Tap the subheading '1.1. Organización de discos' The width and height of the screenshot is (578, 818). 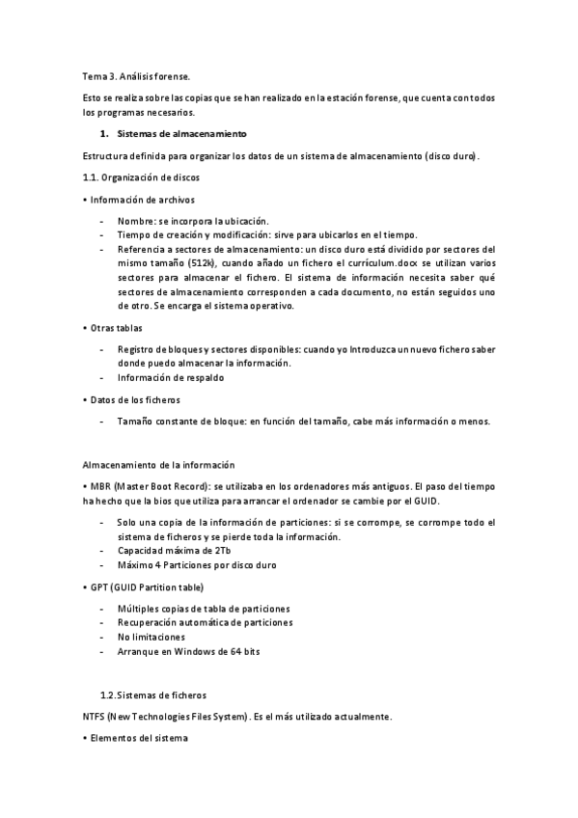click(142, 177)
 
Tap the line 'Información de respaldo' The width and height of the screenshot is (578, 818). click(171, 377)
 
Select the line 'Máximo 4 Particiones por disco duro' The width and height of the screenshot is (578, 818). click(197, 564)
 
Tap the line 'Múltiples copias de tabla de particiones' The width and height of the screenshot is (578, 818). click(204, 609)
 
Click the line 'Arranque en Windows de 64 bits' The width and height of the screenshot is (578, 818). click(188, 652)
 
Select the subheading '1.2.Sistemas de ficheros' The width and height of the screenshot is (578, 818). click(152, 695)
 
